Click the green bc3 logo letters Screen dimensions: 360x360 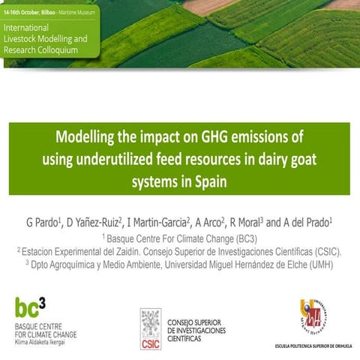tap(34, 307)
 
